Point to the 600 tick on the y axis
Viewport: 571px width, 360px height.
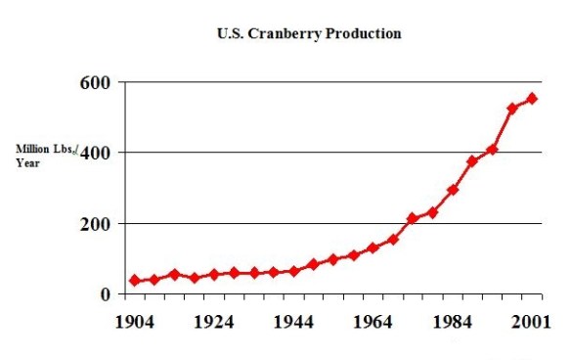97,83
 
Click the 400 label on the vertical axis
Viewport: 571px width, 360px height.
97,154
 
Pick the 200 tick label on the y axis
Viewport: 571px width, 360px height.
97,224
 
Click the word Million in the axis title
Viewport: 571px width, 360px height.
31,149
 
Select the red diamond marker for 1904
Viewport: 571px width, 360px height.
135,281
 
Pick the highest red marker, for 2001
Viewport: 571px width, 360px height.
532,98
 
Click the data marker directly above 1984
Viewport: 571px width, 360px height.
453,190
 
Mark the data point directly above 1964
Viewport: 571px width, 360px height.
373,248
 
